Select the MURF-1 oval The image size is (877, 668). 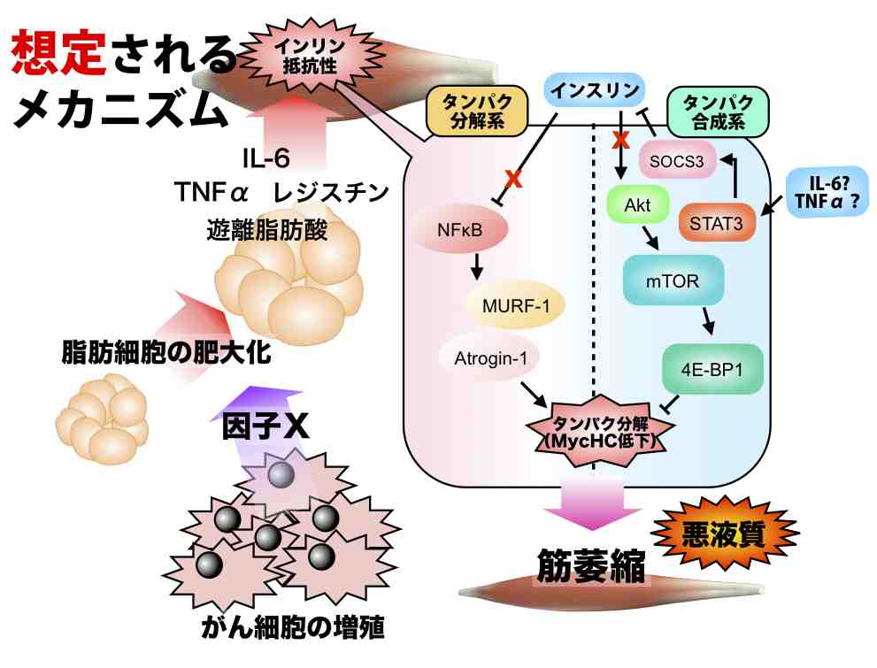tap(516, 307)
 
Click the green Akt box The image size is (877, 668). tap(637, 206)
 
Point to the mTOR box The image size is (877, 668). tap(673, 282)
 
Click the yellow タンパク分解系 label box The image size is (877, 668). tap(477, 114)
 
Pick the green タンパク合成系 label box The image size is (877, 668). tap(718, 111)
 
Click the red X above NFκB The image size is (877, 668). tap(511, 180)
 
